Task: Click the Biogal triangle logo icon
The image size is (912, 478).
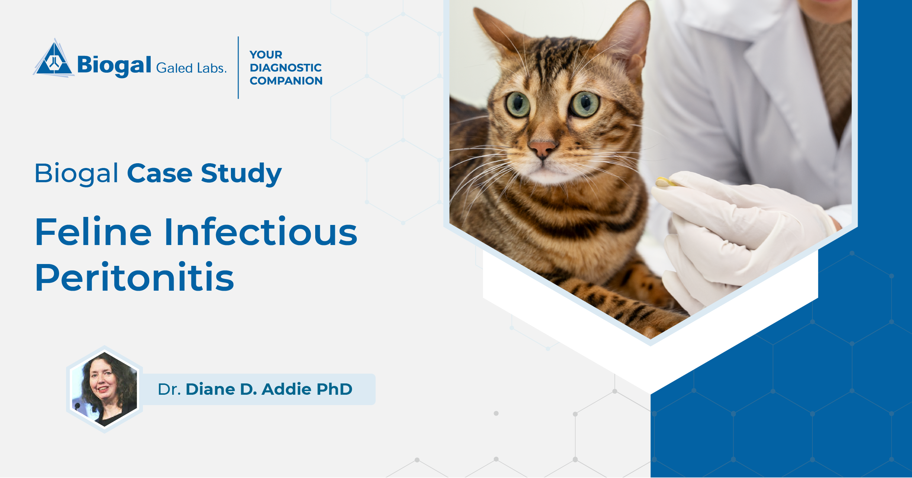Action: tap(54, 60)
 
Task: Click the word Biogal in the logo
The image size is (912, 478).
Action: tap(114, 66)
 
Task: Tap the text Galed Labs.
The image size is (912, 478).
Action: tap(191, 68)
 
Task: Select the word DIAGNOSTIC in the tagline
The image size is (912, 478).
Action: tap(286, 68)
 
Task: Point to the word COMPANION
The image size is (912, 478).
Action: tap(286, 81)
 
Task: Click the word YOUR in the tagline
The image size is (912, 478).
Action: tap(266, 55)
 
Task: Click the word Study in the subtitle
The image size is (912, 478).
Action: tap(241, 174)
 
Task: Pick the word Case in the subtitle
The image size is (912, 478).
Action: tap(159, 173)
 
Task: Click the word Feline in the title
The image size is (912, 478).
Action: tap(93, 232)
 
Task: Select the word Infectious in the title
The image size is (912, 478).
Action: tap(260, 232)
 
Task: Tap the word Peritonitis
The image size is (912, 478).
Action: tap(135, 278)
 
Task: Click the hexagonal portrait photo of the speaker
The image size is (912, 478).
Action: tap(105, 389)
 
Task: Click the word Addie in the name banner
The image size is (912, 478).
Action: tap(286, 389)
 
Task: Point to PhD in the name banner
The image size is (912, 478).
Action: tap(334, 389)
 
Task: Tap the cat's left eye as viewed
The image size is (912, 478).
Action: tap(518, 104)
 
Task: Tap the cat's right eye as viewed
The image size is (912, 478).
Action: tap(585, 104)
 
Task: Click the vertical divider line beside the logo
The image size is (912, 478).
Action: tap(238, 68)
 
